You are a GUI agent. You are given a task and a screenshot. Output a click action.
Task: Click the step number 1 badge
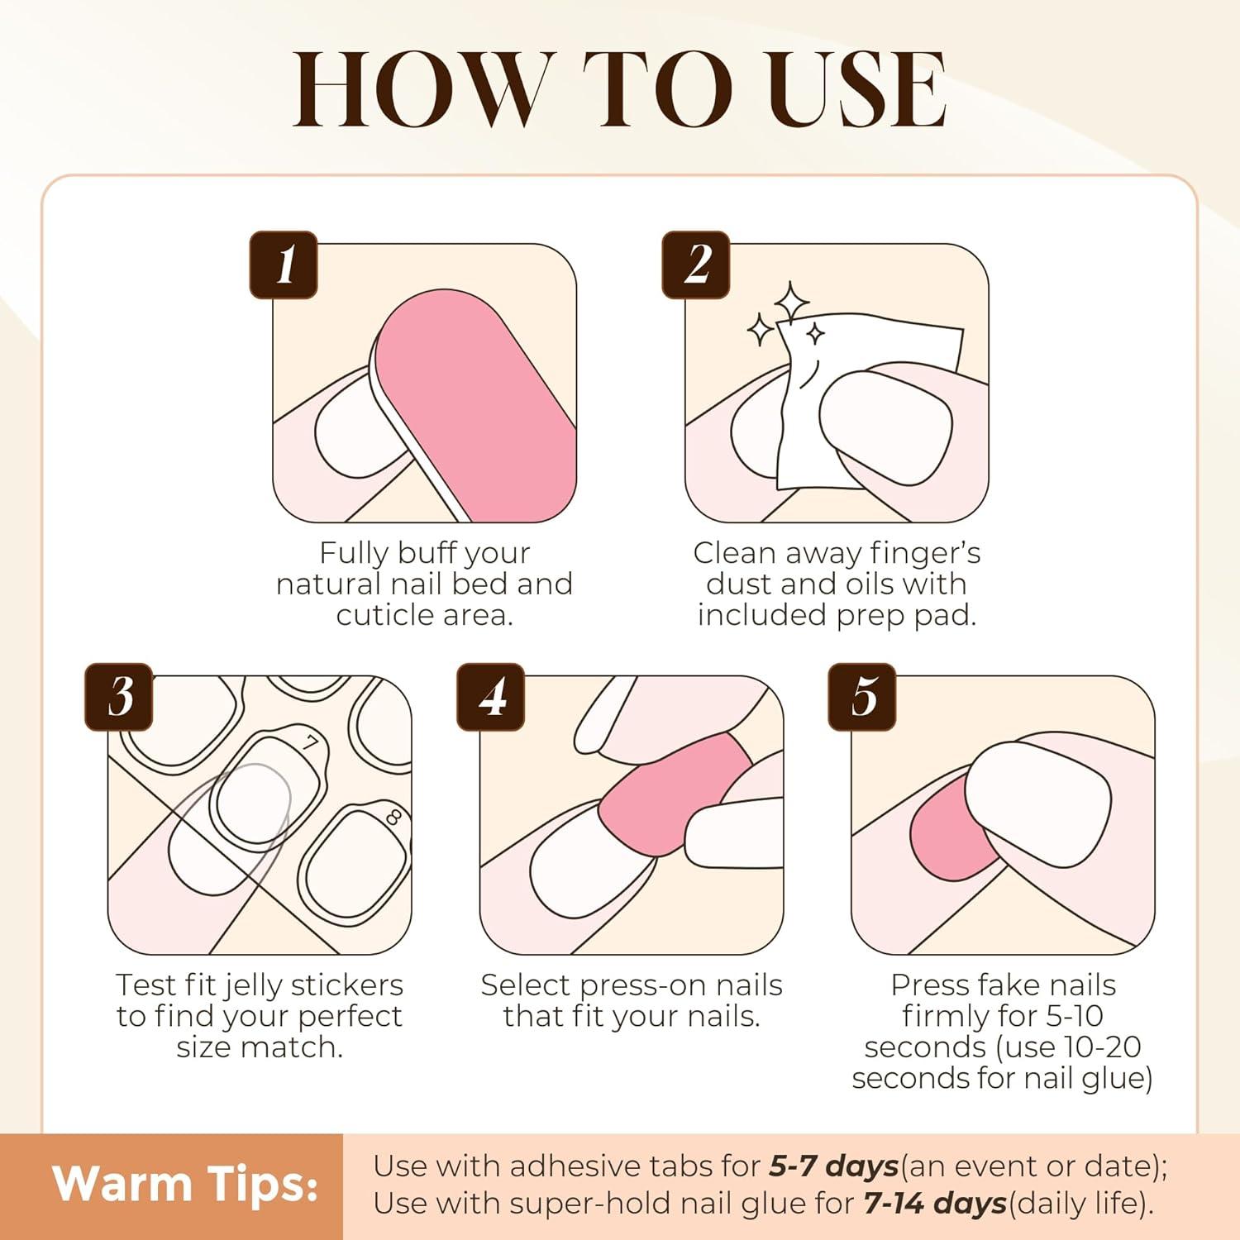284,265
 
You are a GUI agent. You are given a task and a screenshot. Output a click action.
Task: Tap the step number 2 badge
696,265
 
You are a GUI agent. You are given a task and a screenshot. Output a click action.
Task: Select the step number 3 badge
119,697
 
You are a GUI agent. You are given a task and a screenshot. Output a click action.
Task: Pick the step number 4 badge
491,697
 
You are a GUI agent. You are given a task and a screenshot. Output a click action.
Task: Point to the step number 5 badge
862,697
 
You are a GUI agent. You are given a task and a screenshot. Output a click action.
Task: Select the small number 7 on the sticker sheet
310,743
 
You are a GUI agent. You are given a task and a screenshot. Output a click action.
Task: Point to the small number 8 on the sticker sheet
393,818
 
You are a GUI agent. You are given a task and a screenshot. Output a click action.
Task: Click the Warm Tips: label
185,1184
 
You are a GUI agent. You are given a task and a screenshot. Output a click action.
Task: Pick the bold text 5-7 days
833,1166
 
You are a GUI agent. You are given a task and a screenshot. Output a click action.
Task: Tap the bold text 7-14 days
935,1204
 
